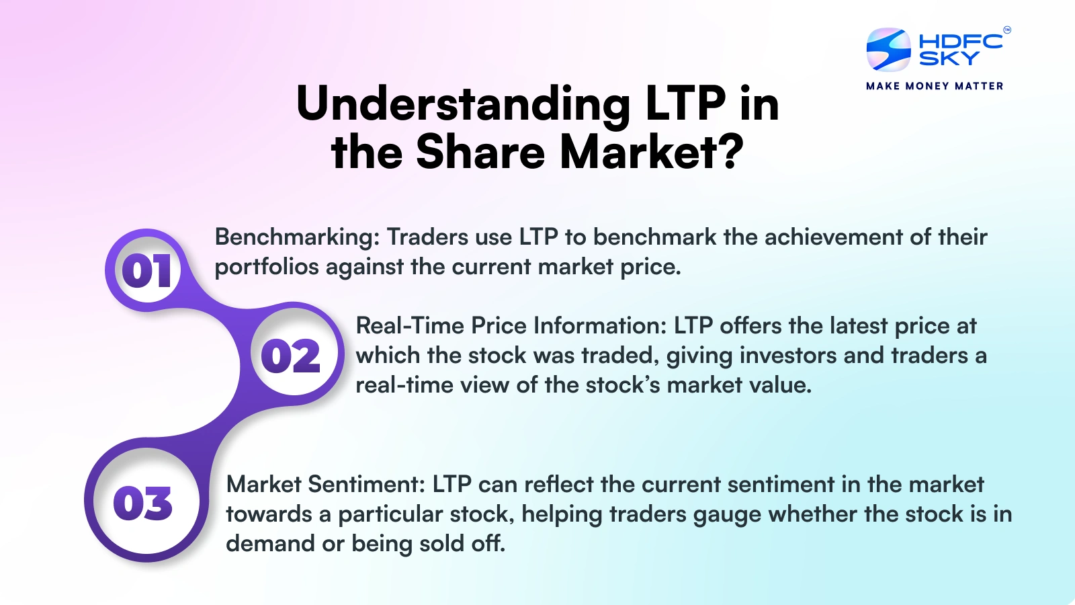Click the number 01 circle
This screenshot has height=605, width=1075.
[146, 271]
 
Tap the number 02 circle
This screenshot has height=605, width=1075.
[291, 356]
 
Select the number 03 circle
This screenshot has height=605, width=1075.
[143, 503]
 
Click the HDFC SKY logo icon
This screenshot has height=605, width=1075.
[888, 50]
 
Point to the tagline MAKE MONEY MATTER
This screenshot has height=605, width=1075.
[935, 86]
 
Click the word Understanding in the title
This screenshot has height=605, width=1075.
[463, 104]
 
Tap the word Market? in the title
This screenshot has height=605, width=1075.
[652, 152]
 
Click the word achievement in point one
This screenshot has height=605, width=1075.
[833, 237]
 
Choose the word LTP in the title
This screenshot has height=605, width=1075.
[685, 104]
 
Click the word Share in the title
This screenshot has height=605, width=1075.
[480, 152]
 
